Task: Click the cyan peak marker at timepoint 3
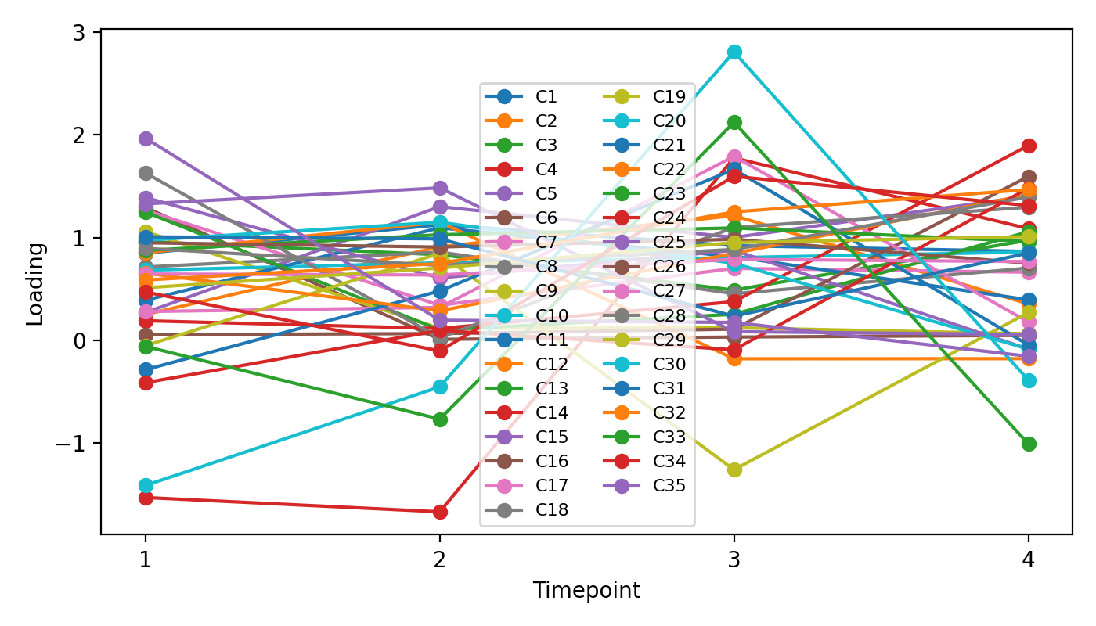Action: pyautogui.click(x=734, y=52)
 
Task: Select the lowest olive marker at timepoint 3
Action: pyautogui.click(x=734, y=469)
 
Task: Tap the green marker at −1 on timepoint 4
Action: pyautogui.click(x=1029, y=444)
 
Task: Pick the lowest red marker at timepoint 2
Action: pyautogui.click(x=440, y=512)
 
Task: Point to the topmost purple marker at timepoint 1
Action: pyautogui.click(x=146, y=139)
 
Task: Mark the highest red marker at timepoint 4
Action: pyautogui.click(x=1029, y=146)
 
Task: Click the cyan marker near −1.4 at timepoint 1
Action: pyautogui.click(x=146, y=485)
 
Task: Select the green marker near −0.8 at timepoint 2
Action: pyautogui.click(x=440, y=419)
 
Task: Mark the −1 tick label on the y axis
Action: pyautogui.click(x=77, y=444)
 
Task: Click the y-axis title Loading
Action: pyautogui.click(x=36, y=283)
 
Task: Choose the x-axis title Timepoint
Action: pyautogui.click(x=586, y=591)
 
